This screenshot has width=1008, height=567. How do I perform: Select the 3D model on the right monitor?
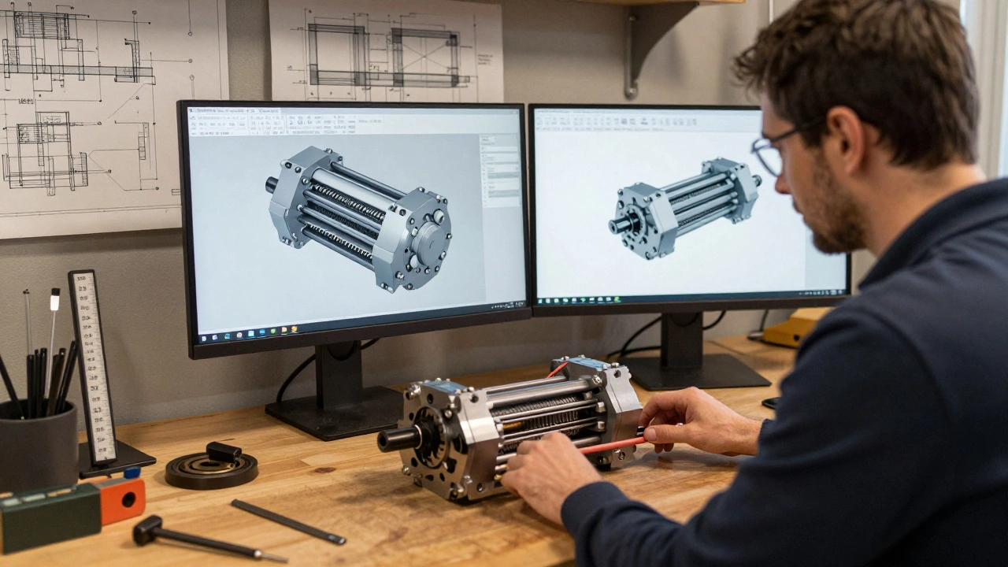pyautogui.click(x=684, y=207)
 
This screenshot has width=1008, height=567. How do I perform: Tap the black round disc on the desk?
pyautogui.click(x=211, y=468)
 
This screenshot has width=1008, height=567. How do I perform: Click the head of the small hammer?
pyautogui.click(x=147, y=530)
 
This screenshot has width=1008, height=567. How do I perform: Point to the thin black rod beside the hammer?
pyautogui.click(x=287, y=521)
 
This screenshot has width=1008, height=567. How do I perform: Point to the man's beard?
pyautogui.click(x=835, y=224)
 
